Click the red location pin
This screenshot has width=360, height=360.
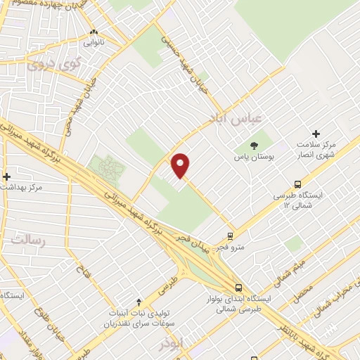click(181, 165)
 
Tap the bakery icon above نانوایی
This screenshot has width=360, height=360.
click(94, 32)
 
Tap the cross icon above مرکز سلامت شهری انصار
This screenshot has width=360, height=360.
click(316, 133)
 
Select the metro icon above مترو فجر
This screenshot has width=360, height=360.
click(230, 236)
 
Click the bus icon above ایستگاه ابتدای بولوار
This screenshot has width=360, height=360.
click(239, 288)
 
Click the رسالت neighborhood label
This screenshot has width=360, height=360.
click(27, 241)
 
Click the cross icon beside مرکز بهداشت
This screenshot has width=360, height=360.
click(6, 176)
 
